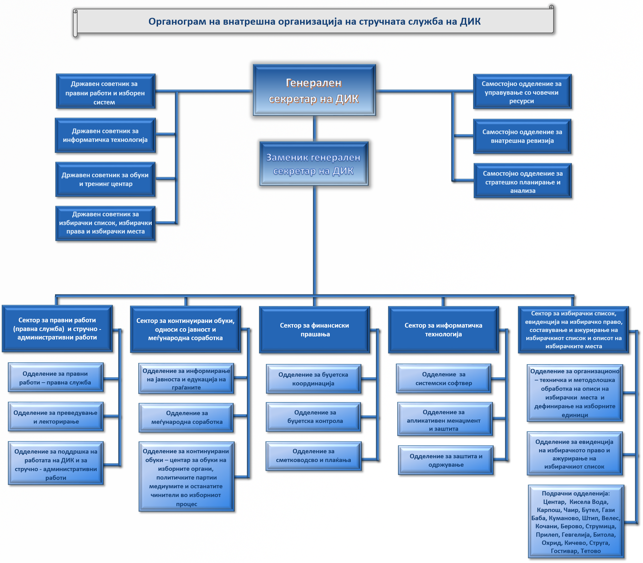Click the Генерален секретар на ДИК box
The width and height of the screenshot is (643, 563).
(314, 90)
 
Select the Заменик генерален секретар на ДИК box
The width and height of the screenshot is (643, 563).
(314, 164)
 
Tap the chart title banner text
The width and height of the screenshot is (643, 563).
(314, 21)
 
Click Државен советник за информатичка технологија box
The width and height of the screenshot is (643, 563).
(105, 135)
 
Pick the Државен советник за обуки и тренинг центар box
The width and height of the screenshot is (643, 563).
(105, 179)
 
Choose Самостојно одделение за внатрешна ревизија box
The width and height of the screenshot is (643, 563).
(522, 136)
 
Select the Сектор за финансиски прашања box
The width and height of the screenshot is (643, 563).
(314, 329)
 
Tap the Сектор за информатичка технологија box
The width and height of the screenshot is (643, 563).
(443, 329)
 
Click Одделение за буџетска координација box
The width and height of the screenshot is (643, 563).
(313, 379)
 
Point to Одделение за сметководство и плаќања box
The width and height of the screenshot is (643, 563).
(314, 455)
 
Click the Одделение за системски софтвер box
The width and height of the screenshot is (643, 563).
(443, 378)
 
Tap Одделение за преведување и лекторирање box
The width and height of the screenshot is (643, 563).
(55, 417)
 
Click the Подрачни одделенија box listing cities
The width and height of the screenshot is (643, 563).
(575, 521)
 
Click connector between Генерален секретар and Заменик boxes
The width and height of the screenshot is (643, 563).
(314, 128)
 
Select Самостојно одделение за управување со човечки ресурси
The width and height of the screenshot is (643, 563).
(522, 92)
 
